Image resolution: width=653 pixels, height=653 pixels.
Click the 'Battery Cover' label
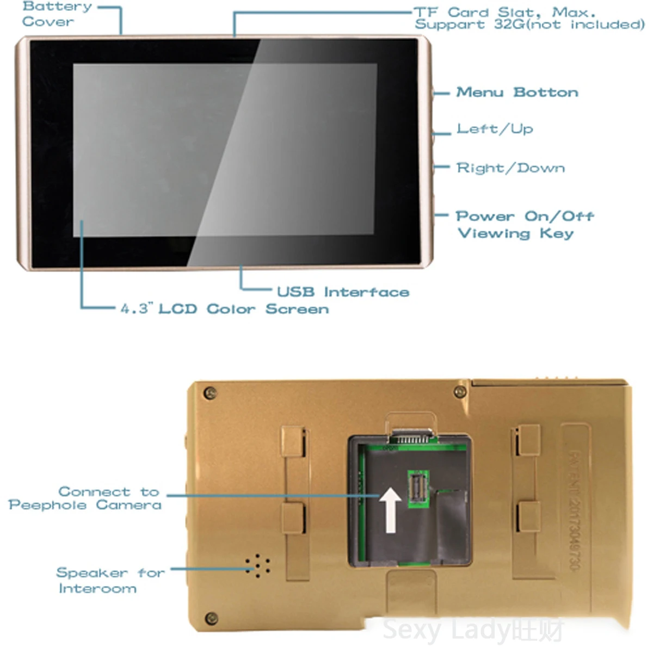click(56, 15)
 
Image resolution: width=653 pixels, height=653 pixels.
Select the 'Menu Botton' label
click(517, 93)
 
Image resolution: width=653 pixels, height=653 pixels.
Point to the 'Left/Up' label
click(495, 129)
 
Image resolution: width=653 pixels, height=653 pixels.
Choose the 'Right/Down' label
click(510, 168)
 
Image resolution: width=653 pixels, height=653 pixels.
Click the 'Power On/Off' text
click(525, 216)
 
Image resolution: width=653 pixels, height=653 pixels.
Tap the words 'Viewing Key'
click(516, 233)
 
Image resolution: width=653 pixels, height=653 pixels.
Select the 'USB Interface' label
click(343, 292)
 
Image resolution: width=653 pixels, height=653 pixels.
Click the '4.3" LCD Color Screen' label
click(225, 309)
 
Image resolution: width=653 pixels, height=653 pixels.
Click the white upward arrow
click(390, 509)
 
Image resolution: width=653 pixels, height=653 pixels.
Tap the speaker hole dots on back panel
click(257, 566)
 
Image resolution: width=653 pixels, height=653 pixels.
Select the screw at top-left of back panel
click(210, 392)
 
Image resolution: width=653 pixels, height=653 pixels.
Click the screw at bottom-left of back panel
click(211, 618)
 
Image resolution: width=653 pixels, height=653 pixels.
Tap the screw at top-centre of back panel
click(460, 391)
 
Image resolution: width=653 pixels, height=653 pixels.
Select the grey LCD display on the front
click(225, 150)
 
